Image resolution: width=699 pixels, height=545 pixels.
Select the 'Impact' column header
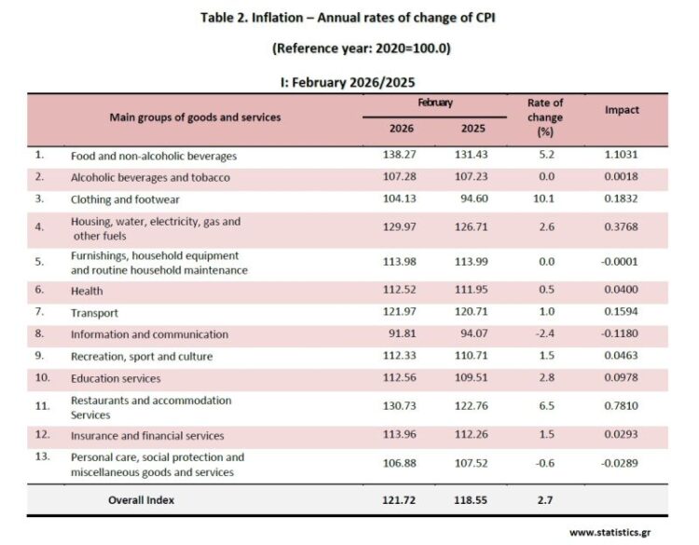(622, 110)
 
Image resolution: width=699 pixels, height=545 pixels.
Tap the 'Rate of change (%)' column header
(545, 117)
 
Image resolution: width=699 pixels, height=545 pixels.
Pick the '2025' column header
(473, 129)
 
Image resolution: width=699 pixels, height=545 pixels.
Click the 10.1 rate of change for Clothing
(545, 198)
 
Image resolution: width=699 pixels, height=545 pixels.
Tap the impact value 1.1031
(622, 156)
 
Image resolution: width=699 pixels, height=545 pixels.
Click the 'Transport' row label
(94, 313)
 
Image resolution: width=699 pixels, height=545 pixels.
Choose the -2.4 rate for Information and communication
(545, 334)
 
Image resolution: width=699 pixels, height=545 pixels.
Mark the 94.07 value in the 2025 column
(473, 334)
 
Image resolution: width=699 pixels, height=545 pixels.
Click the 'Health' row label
(87, 292)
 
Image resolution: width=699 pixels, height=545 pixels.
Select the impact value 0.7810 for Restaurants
(622, 407)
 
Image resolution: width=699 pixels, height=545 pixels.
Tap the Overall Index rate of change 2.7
(545, 500)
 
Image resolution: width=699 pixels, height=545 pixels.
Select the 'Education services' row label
(116, 378)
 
